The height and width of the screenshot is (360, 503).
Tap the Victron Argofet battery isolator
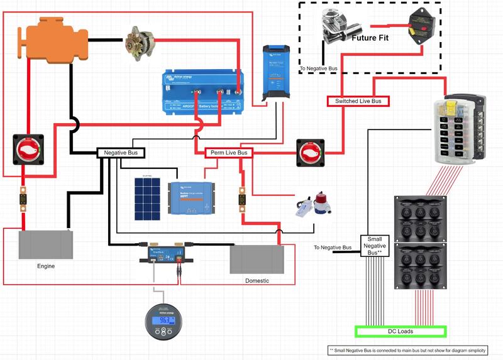[x=202, y=92]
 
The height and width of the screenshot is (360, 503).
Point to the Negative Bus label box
[x=121, y=153]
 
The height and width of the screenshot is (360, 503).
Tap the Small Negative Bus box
[x=375, y=246]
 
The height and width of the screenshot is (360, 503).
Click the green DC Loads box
[x=401, y=331]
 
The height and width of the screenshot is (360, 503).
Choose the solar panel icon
[x=148, y=199]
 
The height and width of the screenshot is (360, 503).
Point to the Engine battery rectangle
[x=45, y=245]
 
